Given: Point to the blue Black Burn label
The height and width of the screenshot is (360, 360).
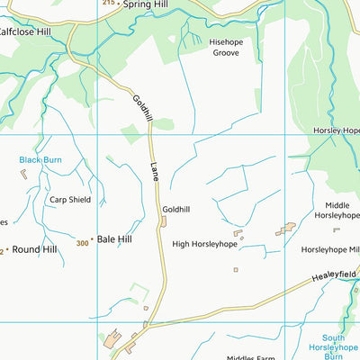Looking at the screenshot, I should click(40, 159).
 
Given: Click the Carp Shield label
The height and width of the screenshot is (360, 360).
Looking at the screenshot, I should click(69, 200).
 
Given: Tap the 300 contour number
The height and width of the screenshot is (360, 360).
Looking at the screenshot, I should click(83, 243).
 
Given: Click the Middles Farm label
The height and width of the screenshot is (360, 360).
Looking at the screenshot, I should click(252, 356).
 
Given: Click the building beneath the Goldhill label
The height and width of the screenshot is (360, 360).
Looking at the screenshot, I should click(165, 221).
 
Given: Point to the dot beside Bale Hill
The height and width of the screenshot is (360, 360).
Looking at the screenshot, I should click(92, 240).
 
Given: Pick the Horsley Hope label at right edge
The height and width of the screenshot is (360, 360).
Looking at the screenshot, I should click(337, 130).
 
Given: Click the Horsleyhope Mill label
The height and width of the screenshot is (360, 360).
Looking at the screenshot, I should click(329, 249).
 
